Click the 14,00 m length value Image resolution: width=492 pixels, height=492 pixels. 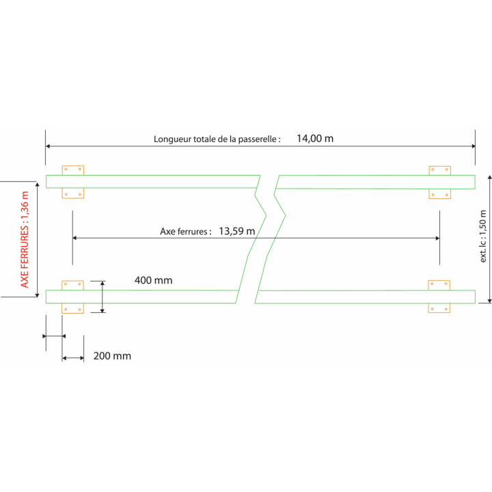coord(315,138)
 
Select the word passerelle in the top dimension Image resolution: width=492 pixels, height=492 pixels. coord(258,139)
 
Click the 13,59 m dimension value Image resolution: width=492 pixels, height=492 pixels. coord(237,231)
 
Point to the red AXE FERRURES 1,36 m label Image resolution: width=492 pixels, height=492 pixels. coord(25,239)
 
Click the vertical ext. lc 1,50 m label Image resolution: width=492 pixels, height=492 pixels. coord(483,236)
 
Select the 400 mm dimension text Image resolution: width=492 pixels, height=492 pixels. coord(154,280)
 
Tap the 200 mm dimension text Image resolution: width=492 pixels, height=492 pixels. coord(112,356)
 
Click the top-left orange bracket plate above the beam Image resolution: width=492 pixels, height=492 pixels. coord(73,170)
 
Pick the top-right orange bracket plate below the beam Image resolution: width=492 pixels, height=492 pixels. coord(440,193)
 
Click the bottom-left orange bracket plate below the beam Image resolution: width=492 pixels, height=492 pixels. coord(73,308)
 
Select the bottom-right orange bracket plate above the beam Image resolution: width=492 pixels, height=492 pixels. coord(439,285)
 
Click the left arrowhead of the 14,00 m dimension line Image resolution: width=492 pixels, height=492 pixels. coord(48,146)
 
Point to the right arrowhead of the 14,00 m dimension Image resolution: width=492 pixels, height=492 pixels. coord(473,146)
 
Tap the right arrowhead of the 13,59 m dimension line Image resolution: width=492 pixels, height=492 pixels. coord(437,238)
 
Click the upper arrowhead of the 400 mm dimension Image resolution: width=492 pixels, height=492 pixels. coord(102,283)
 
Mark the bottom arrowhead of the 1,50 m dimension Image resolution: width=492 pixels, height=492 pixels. coord(489,301)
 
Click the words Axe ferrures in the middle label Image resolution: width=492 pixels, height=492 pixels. coord(184,232)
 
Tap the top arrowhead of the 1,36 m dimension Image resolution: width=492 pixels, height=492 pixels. coord(38,184)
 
